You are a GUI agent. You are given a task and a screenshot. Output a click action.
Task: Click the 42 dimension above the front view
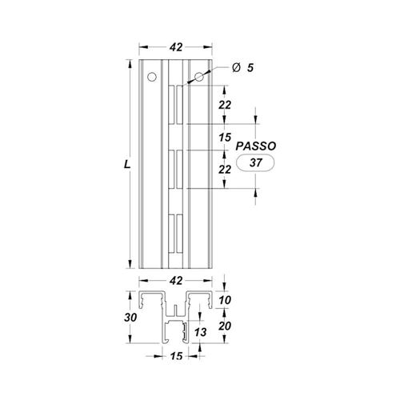click(x=176, y=47)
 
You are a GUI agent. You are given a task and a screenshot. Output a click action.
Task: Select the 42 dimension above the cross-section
click(x=176, y=281)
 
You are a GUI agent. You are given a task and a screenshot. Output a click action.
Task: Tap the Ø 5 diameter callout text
click(x=242, y=68)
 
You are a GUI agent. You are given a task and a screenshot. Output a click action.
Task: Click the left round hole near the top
click(x=152, y=77)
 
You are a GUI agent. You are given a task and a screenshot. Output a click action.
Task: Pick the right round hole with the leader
click(x=199, y=77)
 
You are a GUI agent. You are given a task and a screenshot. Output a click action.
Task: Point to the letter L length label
click(x=127, y=164)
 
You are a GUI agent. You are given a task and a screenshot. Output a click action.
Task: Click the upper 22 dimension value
click(x=225, y=105)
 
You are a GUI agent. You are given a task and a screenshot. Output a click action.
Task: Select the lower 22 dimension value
click(x=225, y=170)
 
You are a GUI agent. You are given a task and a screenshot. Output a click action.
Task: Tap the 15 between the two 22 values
click(x=225, y=138)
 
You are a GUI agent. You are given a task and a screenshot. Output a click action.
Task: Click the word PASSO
click(x=256, y=146)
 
